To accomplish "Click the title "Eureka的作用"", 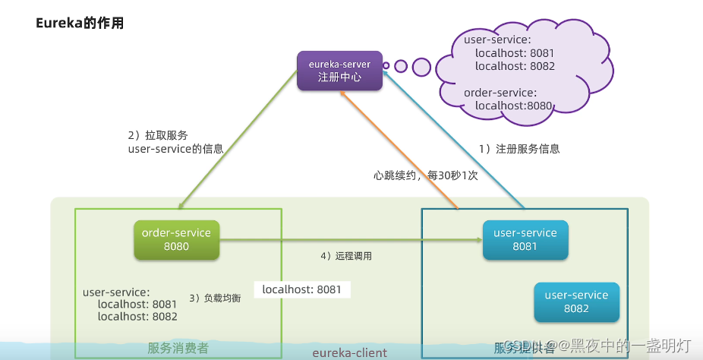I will (x=80, y=24).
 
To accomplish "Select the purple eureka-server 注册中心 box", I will (x=339, y=71).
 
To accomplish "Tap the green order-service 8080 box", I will (x=176, y=239).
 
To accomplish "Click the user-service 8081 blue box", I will (x=525, y=239).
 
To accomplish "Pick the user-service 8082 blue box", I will (x=576, y=302).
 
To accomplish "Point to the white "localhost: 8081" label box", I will (x=301, y=289).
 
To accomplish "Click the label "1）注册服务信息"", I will (x=519, y=149).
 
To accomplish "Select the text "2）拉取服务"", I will (x=157, y=135).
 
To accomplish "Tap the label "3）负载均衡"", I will (x=215, y=298).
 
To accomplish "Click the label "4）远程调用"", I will (x=346, y=256).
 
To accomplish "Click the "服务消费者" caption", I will (x=178, y=348).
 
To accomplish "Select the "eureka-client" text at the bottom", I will (x=349, y=352).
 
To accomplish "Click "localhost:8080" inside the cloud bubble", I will (x=514, y=106).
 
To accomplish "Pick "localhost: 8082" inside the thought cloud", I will (x=515, y=66).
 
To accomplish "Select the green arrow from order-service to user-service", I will (x=349, y=240).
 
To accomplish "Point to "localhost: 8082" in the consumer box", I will (x=137, y=316).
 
